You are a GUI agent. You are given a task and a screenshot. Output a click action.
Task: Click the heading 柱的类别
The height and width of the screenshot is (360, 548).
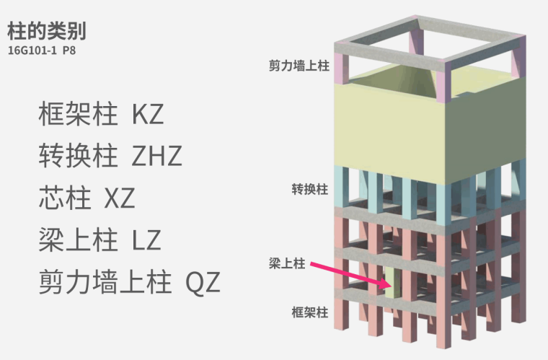pyautogui.click(x=48, y=32)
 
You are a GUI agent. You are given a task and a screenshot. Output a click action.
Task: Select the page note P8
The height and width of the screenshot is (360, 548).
pyautogui.click(x=68, y=52)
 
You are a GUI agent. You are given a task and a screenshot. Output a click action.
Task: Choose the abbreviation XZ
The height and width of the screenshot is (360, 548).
pyautogui.click(x=120, y=196)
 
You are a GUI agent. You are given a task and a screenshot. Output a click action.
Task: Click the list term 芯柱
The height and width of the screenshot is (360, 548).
pyautogui.click(x=64, y=196)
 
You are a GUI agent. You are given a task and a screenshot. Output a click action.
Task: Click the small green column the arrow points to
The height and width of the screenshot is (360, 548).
pyautogui.click(x=390, y=285)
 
